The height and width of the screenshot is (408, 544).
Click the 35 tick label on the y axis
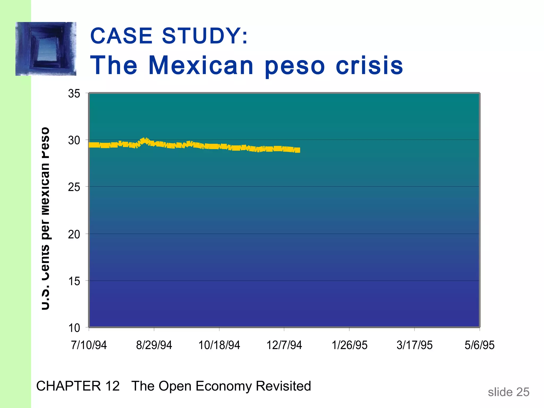(74, 93)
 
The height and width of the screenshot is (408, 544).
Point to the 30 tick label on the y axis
(74, 140)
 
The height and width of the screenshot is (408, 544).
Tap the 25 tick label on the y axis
(74, 187)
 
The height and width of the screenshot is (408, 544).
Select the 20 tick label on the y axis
(74, 234)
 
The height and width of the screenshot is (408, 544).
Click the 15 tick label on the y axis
(74, 281)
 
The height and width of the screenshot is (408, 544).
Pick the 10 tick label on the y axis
(74, 328)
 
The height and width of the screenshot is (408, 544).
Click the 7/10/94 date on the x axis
(89, 345)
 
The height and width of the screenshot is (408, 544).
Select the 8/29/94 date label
(154, 345)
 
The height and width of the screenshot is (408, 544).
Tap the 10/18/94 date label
(219, 345)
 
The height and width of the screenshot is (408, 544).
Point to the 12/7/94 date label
(284, 345)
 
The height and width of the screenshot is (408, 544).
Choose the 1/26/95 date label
(350, 345)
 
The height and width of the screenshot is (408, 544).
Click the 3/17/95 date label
(415, 345)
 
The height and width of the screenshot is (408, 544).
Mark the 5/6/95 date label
(479, 345)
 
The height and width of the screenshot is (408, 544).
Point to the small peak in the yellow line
(145, 140)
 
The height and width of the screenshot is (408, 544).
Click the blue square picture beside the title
(46, 49)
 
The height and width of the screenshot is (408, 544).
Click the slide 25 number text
(508, 392)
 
